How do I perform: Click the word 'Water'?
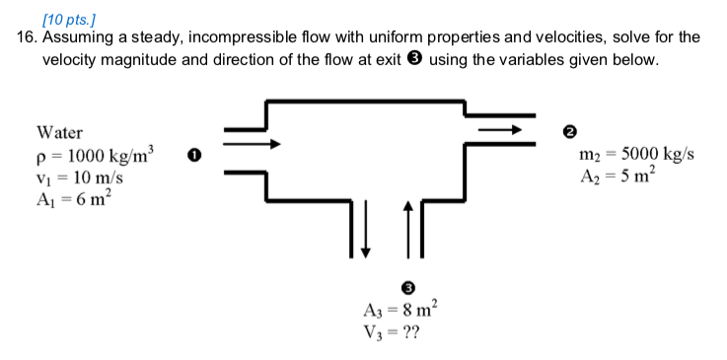point(59,132)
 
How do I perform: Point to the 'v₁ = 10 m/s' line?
point(79,179)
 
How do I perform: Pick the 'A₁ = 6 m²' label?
point(75,200)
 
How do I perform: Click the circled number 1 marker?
point(194,155)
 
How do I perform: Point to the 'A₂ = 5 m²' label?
point(618,178)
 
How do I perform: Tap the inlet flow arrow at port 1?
point(246,143)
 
